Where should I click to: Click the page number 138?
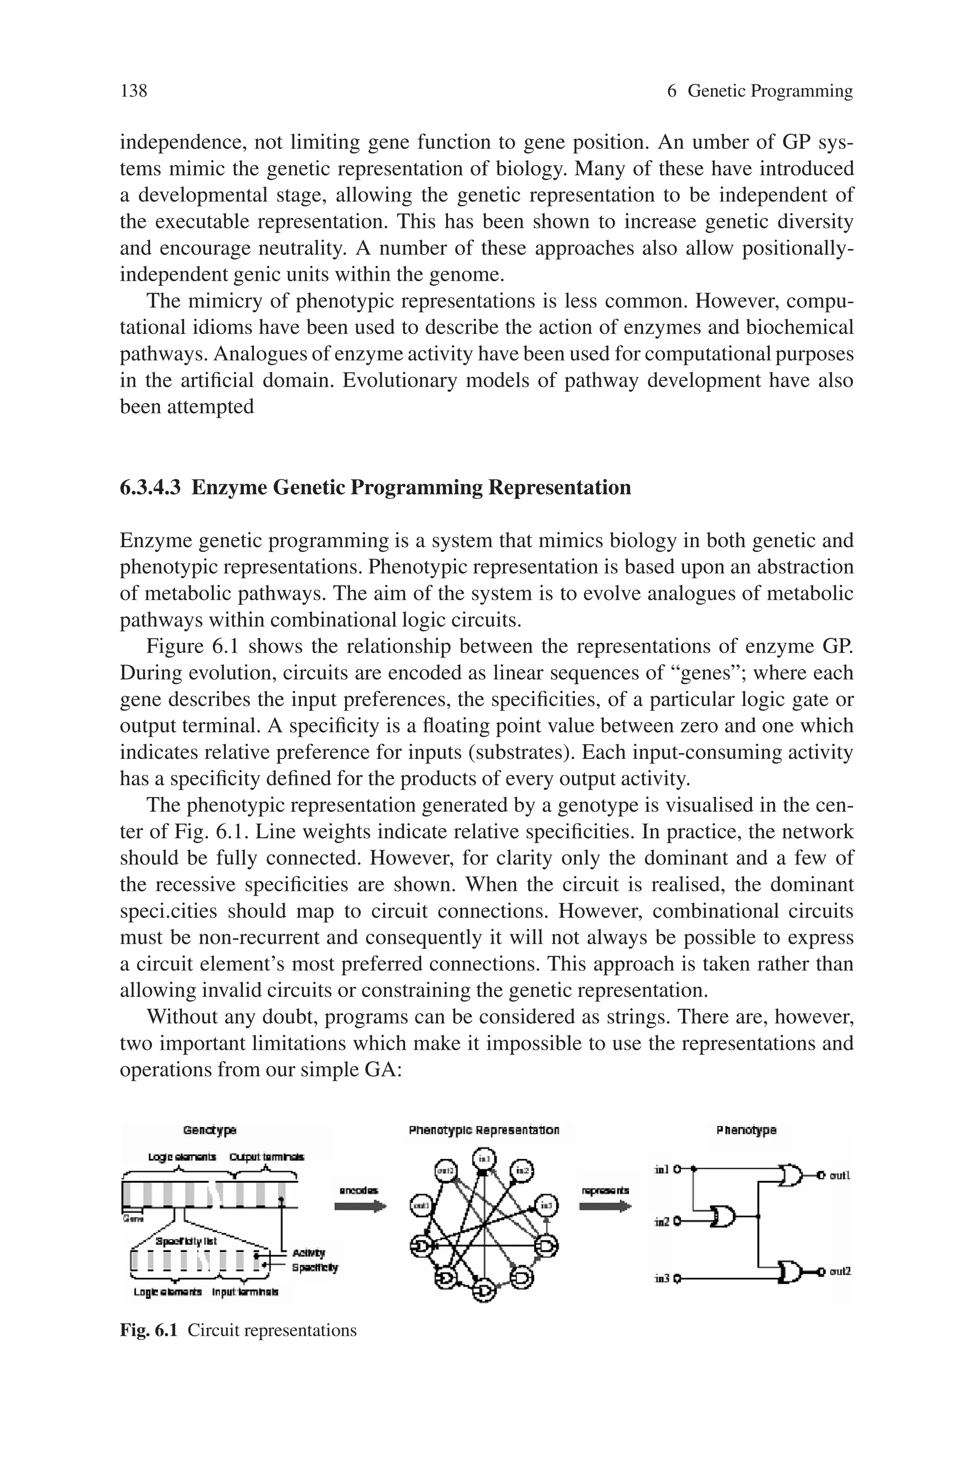click(x=133, y=91)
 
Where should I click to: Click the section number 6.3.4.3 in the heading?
click(x=150, y=487)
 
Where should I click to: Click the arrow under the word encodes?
click(x=360, y=1207)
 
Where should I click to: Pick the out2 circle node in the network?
click(x=445, y=1171)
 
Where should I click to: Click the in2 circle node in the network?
click(x=522, y=1171)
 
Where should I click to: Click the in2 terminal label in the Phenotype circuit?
click(x=662, y=1222)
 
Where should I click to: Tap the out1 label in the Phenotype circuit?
click(x=840, y=1175)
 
